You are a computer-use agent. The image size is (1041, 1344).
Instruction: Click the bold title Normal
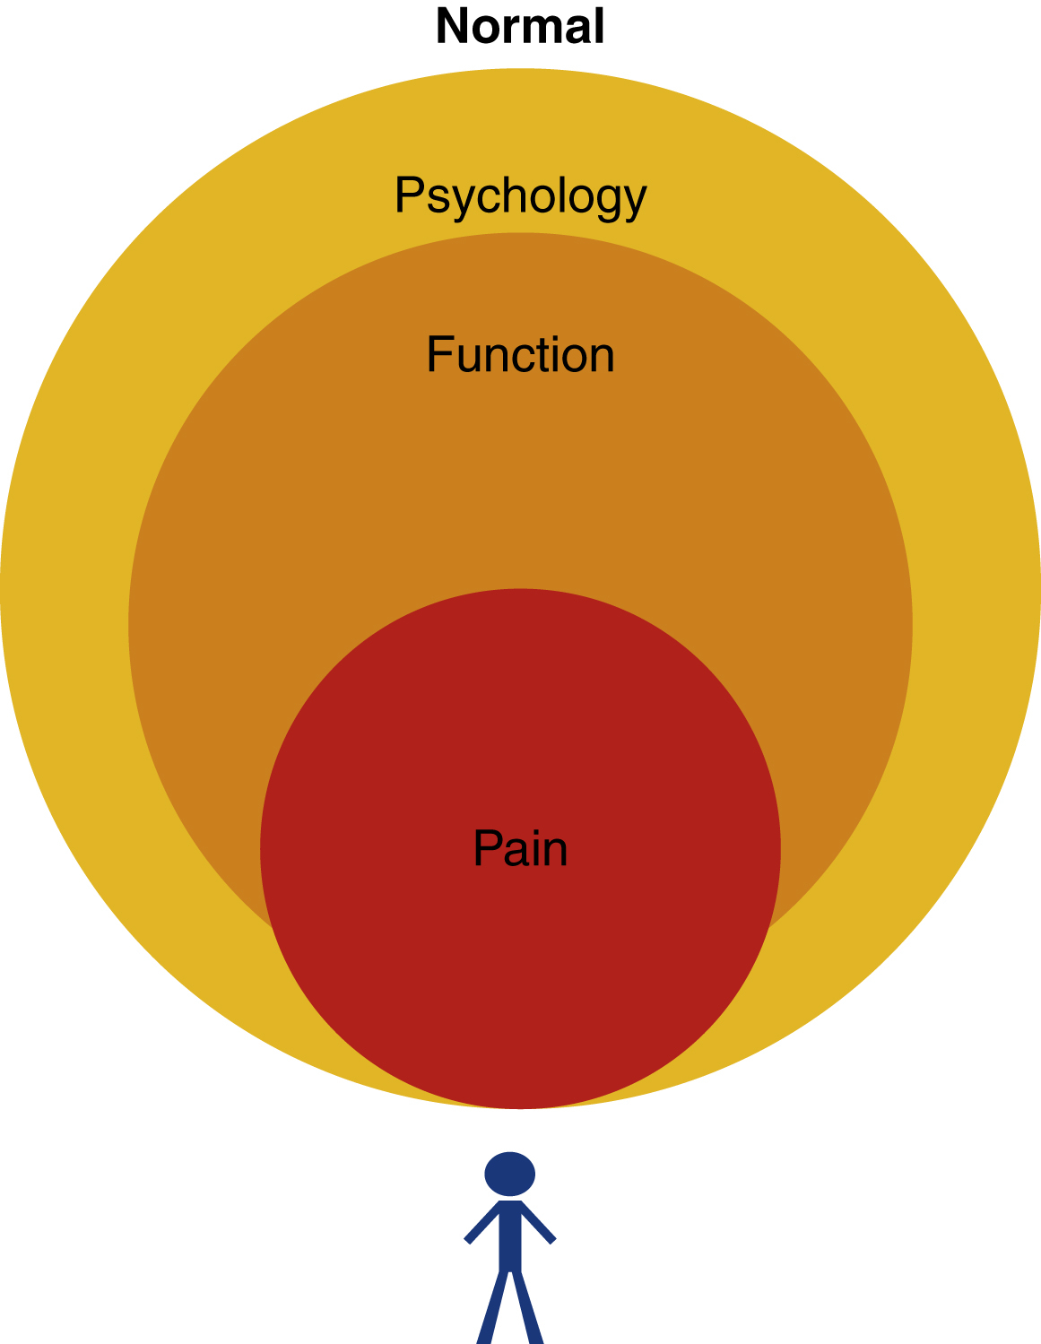click(x=520, y=26)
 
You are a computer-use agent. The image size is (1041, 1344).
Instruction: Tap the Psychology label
click(x=520, y=195)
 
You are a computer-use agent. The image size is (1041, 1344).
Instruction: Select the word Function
click(x=520, y=355)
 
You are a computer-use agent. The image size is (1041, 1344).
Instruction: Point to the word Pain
click(x=520, y=848)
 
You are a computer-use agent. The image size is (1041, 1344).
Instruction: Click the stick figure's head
click(x=510, y=1174)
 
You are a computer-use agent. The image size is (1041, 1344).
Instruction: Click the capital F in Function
click(x=439, y=355)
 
